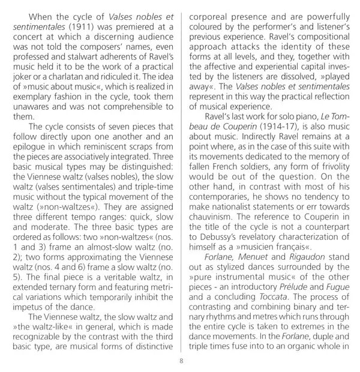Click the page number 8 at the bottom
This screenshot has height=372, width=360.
(180, 360)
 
